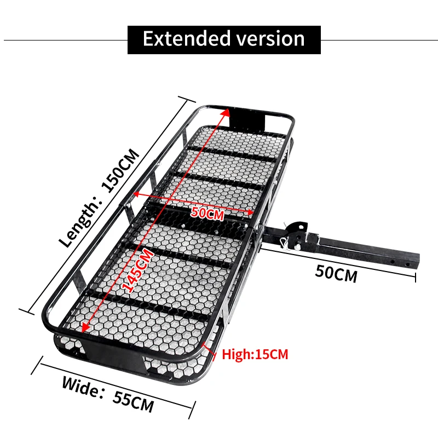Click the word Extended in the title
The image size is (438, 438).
pos(183,39)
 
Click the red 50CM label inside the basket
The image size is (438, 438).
pos(208,213)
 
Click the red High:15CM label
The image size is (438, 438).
pos(255,354)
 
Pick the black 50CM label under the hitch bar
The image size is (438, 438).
pos(336,273)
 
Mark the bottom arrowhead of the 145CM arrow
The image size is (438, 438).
pos(84,329)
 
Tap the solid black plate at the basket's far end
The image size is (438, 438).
pos(247,117)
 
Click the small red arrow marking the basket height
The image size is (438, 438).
pos(209,349)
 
